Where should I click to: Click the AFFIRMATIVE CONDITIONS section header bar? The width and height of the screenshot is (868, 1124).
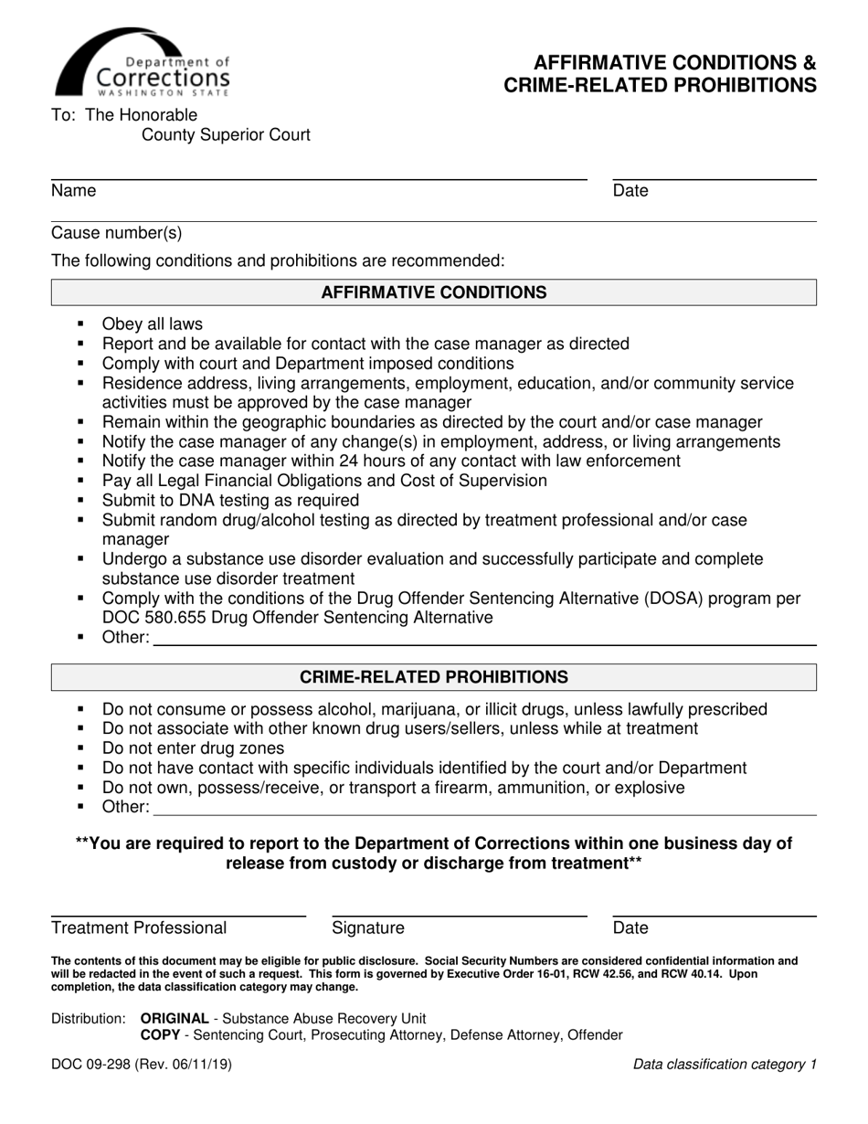(433, 292)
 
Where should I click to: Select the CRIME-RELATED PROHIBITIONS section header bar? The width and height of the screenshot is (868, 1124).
(433, 677)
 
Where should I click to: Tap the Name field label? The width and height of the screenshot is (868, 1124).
(74, 191)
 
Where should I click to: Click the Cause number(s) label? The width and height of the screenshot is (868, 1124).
(117, 234)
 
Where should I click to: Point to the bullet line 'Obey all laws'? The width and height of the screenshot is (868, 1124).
(153, 324)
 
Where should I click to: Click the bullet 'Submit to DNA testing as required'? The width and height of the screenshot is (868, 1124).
(230, 501)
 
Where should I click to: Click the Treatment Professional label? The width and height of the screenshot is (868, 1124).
(139, 928)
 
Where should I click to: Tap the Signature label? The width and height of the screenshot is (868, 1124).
(367, 928)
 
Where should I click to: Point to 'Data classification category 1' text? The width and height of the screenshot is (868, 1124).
(725, 1065)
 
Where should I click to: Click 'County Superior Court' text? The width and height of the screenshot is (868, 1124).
(226, 135)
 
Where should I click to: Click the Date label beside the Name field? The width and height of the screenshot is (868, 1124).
(630, 191)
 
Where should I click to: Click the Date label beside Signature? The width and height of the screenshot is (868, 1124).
(630, 928)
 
